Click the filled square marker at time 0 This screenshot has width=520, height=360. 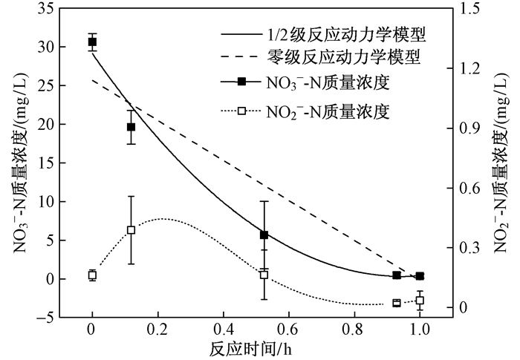click(x=92, y=42)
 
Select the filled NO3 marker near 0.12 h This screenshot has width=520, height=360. click(x=131, y=127)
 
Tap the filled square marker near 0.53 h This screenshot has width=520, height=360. click(x=264, y=235)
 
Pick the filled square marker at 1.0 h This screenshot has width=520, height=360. click(x=420, y=276)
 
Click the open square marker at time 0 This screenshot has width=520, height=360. click(x=92, y=275)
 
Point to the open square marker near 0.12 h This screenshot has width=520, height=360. click(x=131, y=230)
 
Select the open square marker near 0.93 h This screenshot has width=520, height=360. click(x=397, y=303)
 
